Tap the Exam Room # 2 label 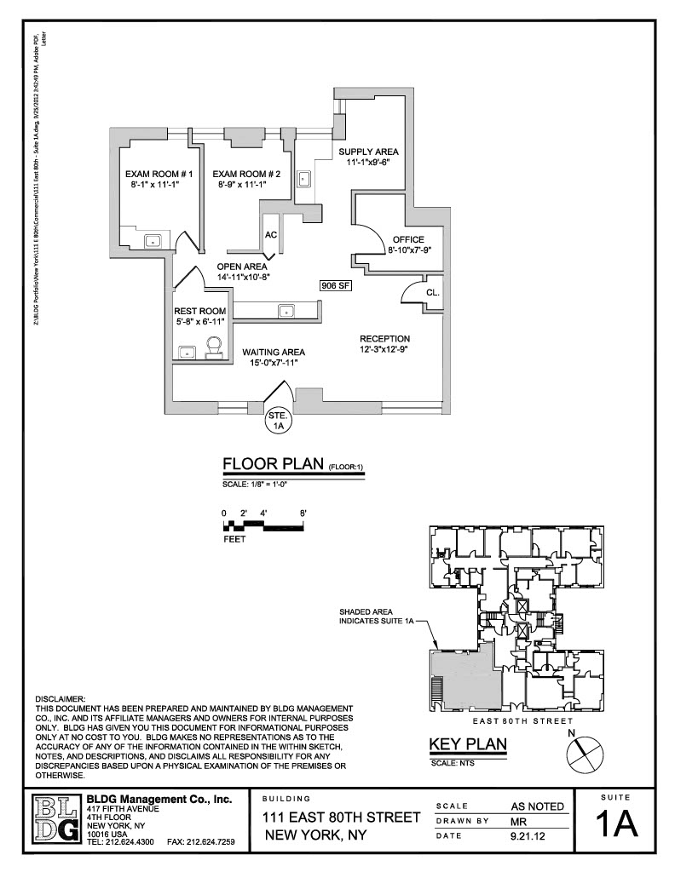coord(239,174)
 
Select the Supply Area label coord(368,152)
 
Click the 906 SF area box coord(337,286)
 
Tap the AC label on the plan coord(271,234)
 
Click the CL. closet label coord(432,291)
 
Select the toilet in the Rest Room coord(214,346)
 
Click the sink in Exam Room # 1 coord(153,239)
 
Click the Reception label coord(384,338)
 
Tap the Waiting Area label coord(273,352)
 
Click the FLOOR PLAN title coord(274,463)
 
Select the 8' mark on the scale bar coord(303,513)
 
